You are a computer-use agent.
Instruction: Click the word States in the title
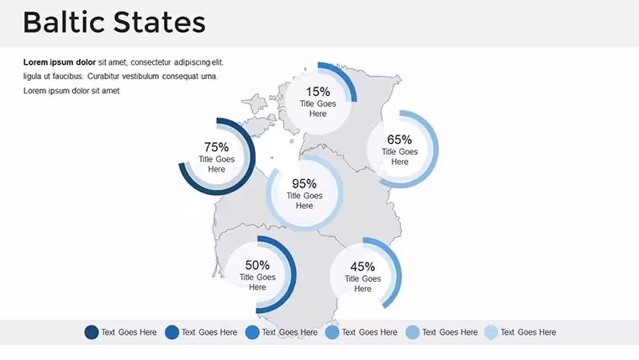tap(160, 23)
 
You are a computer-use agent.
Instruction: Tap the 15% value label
tap(318, 92)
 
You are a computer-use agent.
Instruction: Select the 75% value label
tap(216, 146)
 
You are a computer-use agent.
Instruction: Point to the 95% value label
tap(304, 183)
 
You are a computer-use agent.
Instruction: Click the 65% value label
tap(399, 140)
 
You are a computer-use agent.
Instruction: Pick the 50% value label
tap(257, 265)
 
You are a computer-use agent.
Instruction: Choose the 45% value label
tap(362, 267)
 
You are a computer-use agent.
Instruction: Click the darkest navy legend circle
tap(92, 332)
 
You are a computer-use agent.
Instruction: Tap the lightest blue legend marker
tap(491, 332)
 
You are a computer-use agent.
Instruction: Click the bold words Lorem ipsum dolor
tap(60, 62)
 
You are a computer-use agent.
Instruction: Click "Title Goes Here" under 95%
tap(304, 200)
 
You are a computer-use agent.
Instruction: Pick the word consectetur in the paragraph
tap(151, 62)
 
